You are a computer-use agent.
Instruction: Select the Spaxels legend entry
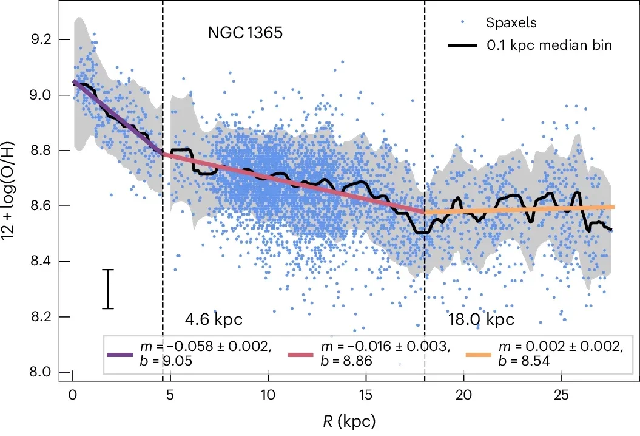(x=511, y=23)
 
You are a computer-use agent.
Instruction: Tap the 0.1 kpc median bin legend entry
(x=550, y=46)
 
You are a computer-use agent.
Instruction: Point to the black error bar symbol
(x=108, y=289)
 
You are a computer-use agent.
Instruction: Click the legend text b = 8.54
(x=520, y=361)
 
